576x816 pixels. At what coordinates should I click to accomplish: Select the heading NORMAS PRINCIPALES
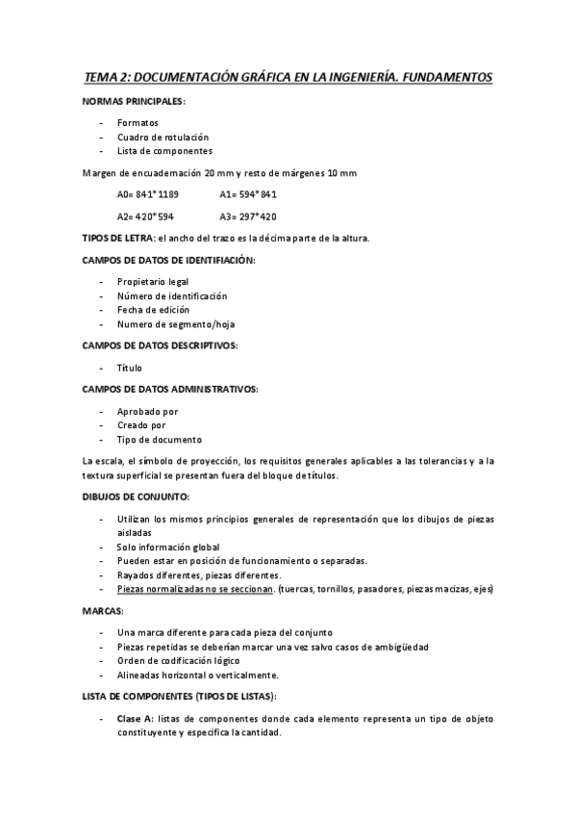[136, 101]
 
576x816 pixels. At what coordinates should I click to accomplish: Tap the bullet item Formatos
[138, 124]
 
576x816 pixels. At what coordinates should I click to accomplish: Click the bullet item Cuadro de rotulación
[163, 138]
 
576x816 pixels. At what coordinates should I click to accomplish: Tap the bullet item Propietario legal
[153, 282]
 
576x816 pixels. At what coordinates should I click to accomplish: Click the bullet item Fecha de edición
[153, 310]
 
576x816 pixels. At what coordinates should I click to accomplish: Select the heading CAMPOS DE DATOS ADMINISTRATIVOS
[170, 390]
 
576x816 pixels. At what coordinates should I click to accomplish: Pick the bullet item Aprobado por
[147, 412]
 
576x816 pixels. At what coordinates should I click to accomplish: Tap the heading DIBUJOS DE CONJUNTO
[136, 497]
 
